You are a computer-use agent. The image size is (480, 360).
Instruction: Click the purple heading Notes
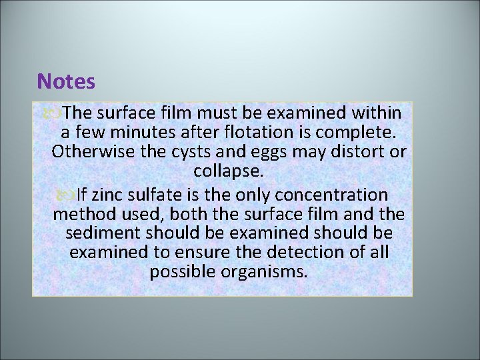tap(67, 82)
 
